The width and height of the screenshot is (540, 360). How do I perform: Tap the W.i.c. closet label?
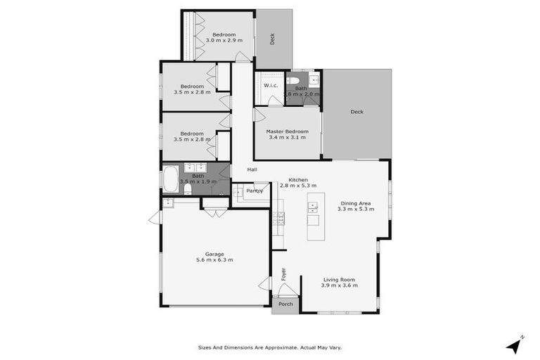[271, 86]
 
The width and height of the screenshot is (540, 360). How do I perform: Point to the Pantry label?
[255, 191]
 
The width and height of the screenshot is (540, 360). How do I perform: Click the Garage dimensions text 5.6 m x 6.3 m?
[214, 260]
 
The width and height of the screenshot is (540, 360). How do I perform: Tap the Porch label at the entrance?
[285, 304]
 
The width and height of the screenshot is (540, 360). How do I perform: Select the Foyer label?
[284, 274]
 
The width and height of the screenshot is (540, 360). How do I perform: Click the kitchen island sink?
[312, 207]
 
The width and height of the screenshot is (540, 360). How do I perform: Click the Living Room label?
[340, 278]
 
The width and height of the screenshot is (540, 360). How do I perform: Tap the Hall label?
[252, 169]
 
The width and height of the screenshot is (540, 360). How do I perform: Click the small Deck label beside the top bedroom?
[273, 39]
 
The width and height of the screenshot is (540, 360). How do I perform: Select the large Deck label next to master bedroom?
[357, 112]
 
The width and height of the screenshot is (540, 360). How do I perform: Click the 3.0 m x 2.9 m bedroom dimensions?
[224, 41]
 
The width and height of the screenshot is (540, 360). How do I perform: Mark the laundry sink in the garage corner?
[168, 203]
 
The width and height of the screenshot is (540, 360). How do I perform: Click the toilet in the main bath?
[187, 188]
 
